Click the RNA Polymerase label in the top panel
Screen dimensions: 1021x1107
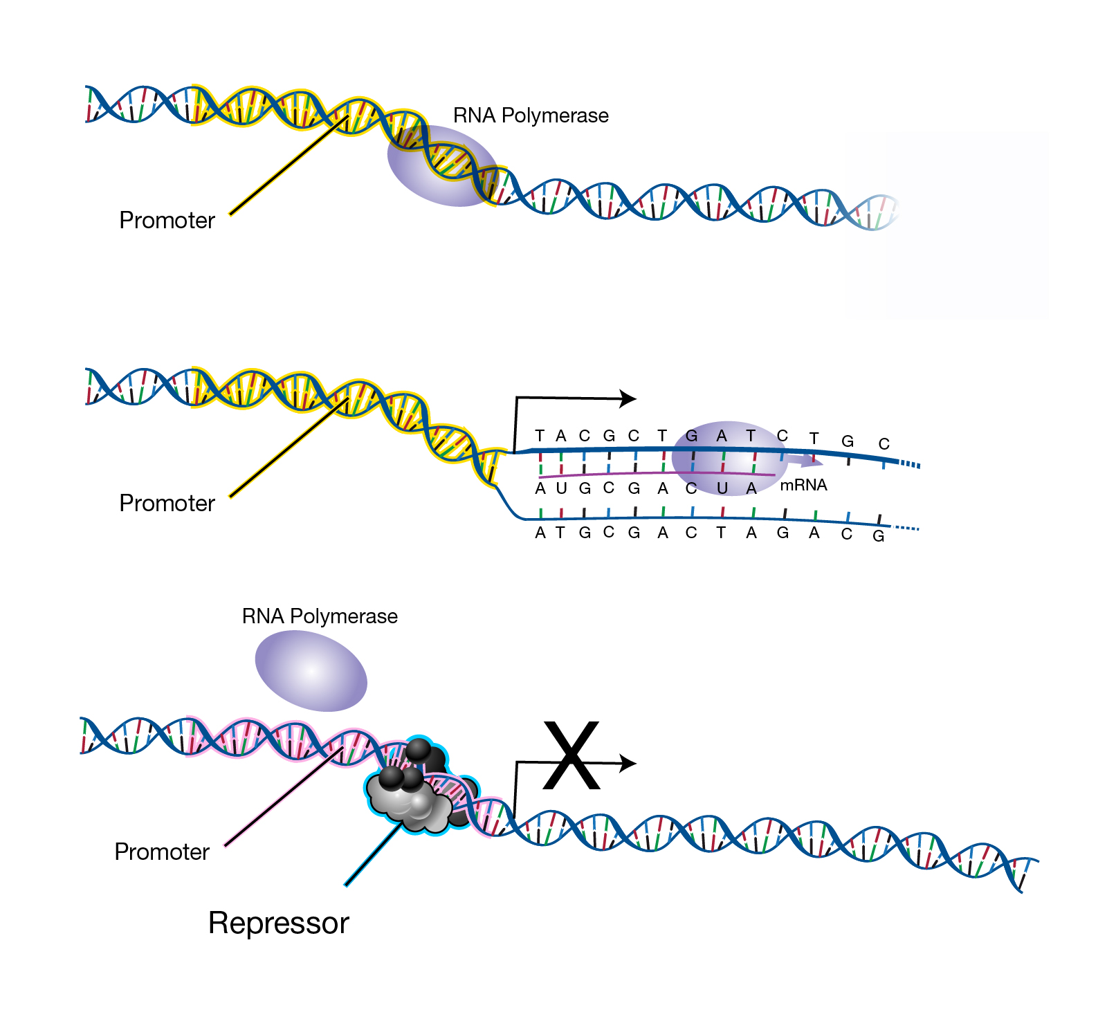(x=531, y=116)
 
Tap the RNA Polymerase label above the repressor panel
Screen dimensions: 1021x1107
(x=320, y=616)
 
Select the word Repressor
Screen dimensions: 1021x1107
(x=279, y=923)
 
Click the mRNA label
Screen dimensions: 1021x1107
(x=803, y=485)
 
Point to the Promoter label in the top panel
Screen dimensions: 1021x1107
(x=167, y=221)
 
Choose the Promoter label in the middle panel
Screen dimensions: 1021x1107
(x=167, y=504)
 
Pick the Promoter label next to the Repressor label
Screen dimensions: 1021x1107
(x=162, y=852)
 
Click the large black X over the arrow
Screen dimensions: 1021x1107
(x=571, y=755)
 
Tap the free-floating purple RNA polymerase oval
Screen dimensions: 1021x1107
(x=311, y=671)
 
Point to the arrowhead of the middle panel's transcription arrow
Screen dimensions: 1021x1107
(x=628, y=398)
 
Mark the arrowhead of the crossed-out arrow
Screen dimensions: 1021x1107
(x=628, y=764)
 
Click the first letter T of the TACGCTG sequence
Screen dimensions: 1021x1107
(x=540, y=436)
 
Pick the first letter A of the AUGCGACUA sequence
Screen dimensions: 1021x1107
(x=540, y=489)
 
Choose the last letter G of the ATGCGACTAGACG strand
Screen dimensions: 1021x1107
(x=878, y=536)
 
